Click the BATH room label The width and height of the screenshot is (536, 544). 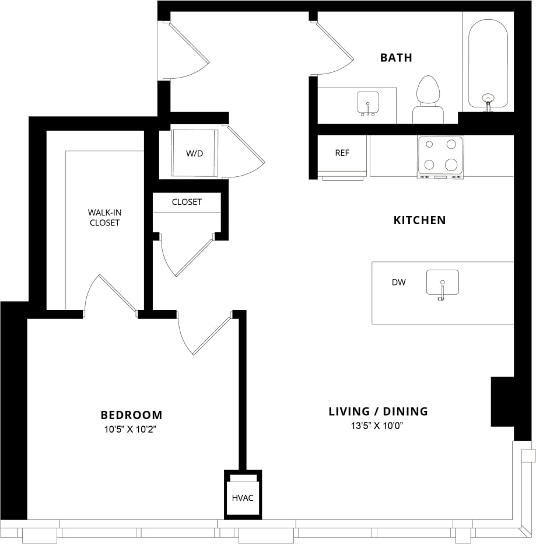[396, 57]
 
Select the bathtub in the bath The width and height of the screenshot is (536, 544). [488, 63]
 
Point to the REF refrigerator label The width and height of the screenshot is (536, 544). [342, 153]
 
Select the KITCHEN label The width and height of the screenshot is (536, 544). [419, 220]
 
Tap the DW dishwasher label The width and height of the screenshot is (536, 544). [398, 283]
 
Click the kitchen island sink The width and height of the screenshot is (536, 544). [442, 283]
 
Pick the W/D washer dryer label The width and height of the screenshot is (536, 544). [194, 154]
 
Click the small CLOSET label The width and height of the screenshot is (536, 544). [187, 202]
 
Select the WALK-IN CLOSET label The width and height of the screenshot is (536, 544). [104, 217]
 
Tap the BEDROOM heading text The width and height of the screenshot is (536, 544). [131, 415]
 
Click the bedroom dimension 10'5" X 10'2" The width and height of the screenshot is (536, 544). [131, 430]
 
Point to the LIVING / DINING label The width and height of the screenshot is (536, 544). [378, 411]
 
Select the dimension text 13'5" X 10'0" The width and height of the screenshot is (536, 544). [378, 426]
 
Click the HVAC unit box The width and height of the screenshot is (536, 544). [243, 497]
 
